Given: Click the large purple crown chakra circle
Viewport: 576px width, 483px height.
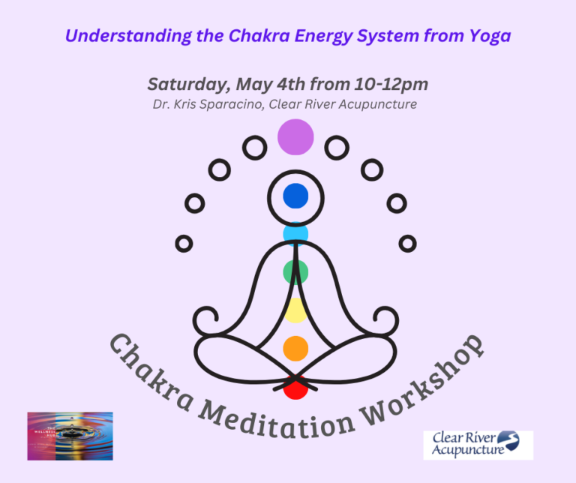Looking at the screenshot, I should (295, 136).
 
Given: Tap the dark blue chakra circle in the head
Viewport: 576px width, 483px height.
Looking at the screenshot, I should (295, 196).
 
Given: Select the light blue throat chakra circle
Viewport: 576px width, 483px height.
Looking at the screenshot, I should (295, 235).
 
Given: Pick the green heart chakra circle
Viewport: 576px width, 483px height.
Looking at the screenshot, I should (295, 271).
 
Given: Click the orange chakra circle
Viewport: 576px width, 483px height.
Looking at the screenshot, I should (295, 347).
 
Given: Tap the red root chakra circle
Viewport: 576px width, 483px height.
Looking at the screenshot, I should (295, 388).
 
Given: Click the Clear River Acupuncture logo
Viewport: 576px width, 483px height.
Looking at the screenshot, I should (478, 444).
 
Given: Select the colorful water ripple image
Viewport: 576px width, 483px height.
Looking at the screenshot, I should (70, 436).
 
